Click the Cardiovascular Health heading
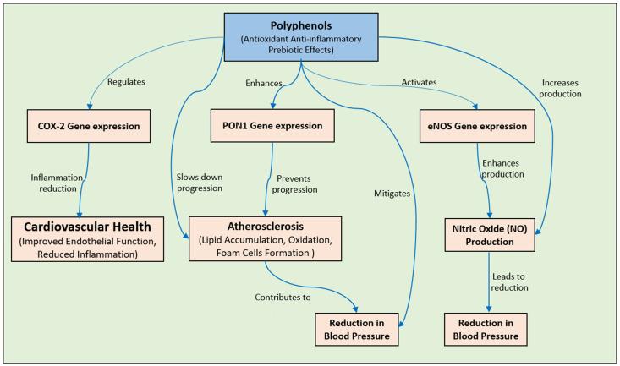tap(88, 227)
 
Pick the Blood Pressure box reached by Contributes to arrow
tap(358, 327)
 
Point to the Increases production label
tap(563, 88)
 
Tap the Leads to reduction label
tap(523, 281)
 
